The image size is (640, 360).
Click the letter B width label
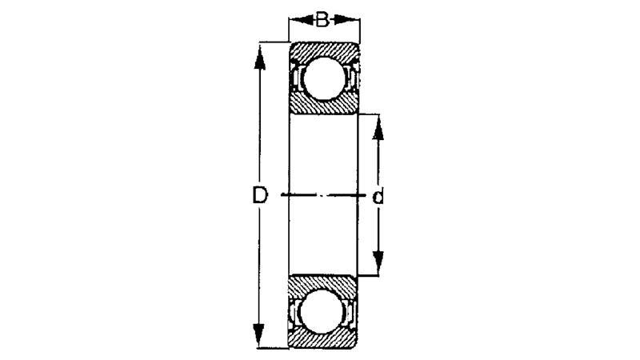click(x=322, y=19)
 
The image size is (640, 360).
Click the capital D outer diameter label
click(x=259, y=195)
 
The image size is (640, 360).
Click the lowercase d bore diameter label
click(x=378, y=197)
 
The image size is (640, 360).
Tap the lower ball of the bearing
click(x=320, y=312)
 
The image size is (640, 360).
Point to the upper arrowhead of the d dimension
click(x=378, y=128)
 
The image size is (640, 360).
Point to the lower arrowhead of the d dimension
click(x=378, y=263)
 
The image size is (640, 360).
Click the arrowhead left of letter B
click(x=302, y=19)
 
